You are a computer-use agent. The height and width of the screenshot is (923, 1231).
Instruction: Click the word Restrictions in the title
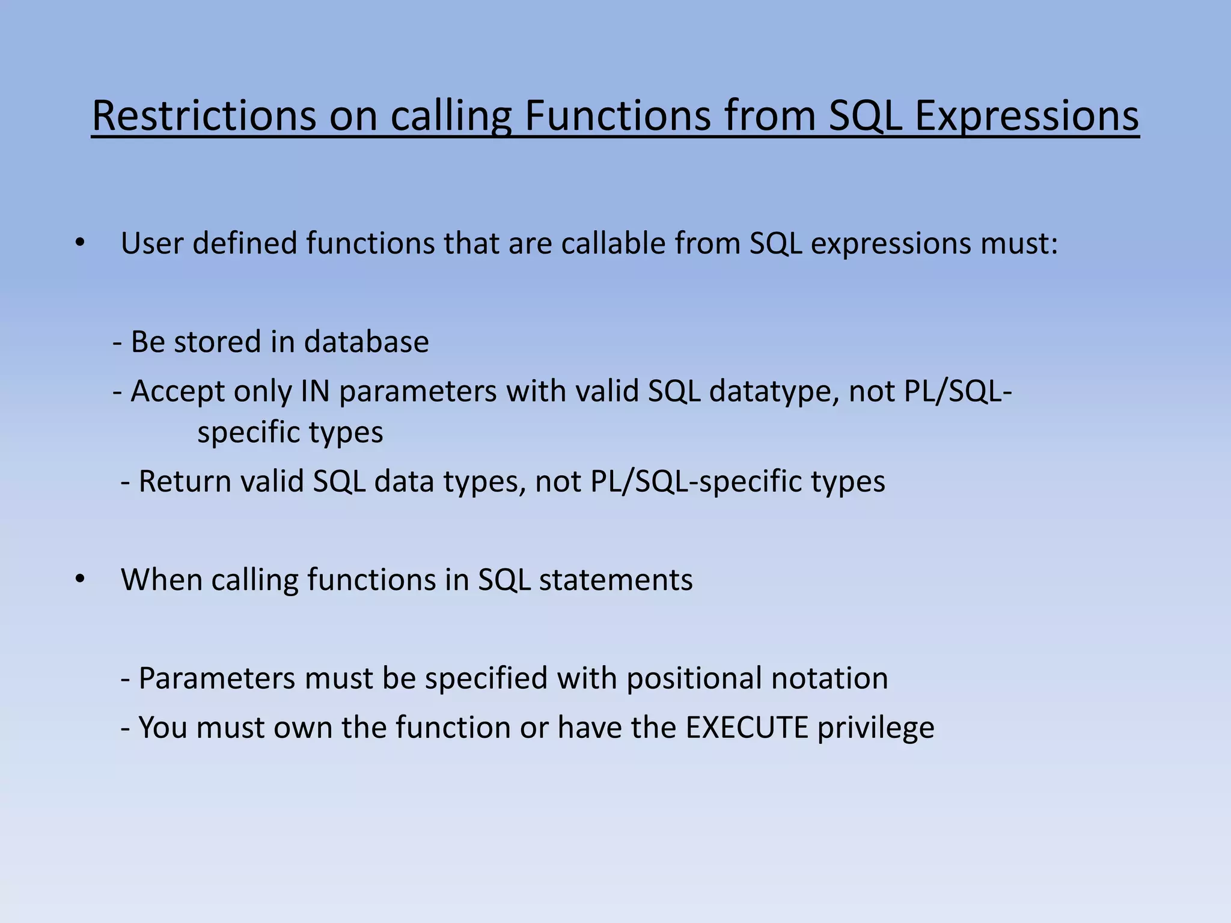204,115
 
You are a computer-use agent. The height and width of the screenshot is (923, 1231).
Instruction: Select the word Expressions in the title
1027,115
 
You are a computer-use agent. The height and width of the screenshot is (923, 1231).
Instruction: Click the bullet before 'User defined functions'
80,243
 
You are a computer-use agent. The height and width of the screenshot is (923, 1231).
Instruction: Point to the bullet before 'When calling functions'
80,579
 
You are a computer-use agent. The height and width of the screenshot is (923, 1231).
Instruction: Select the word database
366,341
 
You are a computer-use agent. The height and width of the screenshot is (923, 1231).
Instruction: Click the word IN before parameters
315,391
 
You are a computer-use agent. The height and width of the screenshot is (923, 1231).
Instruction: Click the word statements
615,580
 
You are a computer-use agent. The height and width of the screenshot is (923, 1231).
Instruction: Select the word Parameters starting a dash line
217,678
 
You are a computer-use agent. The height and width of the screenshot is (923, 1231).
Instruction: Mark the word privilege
876,728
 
